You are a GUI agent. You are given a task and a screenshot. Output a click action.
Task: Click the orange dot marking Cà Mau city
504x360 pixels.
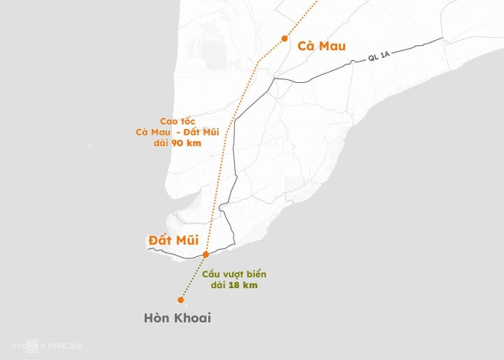coord(285,38)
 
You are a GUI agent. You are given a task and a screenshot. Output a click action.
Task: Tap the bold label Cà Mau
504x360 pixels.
coord(321,46)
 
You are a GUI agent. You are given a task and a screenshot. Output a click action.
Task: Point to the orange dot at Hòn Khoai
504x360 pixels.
coord(180,300)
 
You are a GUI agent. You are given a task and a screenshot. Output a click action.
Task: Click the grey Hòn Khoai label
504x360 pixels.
coord(177,318)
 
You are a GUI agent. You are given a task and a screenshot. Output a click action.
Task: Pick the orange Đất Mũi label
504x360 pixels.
coord(173,240)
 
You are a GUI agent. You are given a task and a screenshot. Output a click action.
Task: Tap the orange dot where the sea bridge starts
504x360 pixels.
coord(205,254)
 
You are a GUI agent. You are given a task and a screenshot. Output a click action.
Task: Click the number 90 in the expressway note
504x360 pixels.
coord(179,143)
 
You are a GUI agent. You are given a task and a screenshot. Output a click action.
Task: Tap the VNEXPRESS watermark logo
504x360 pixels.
coord(46,346)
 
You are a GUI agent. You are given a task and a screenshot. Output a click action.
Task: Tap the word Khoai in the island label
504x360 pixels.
coord(192,318)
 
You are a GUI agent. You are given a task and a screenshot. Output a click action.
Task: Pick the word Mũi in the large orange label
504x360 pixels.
coord(190,240)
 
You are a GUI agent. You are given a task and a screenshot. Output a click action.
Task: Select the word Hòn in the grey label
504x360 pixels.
coord(156,318)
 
